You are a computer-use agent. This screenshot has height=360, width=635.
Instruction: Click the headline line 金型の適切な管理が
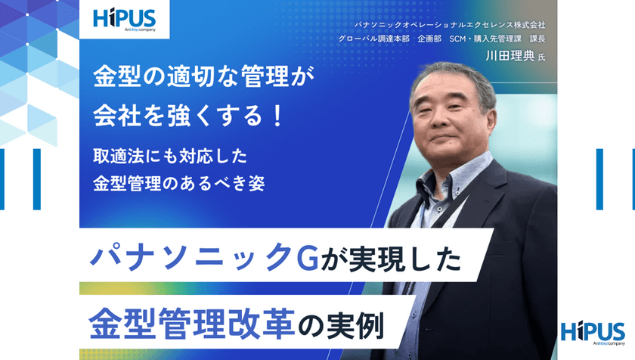pyautogui.click(x=202, y=77)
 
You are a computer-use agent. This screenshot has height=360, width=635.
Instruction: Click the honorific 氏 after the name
pyautogui.click(x=541, y=56)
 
